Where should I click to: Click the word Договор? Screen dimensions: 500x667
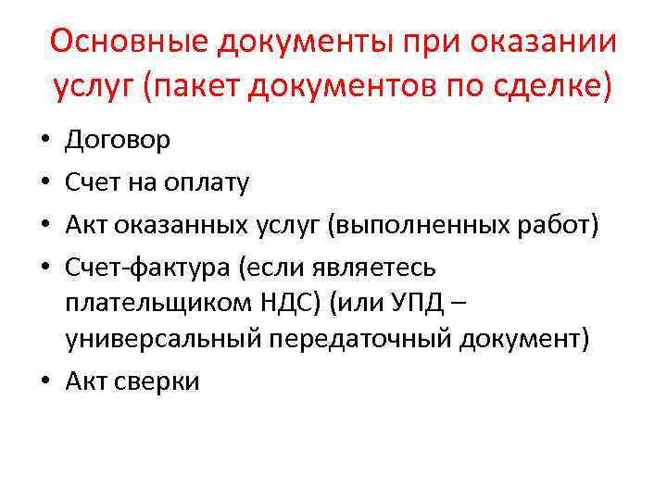tap(118, 140)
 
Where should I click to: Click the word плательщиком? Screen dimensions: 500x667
tap(155, 303)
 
